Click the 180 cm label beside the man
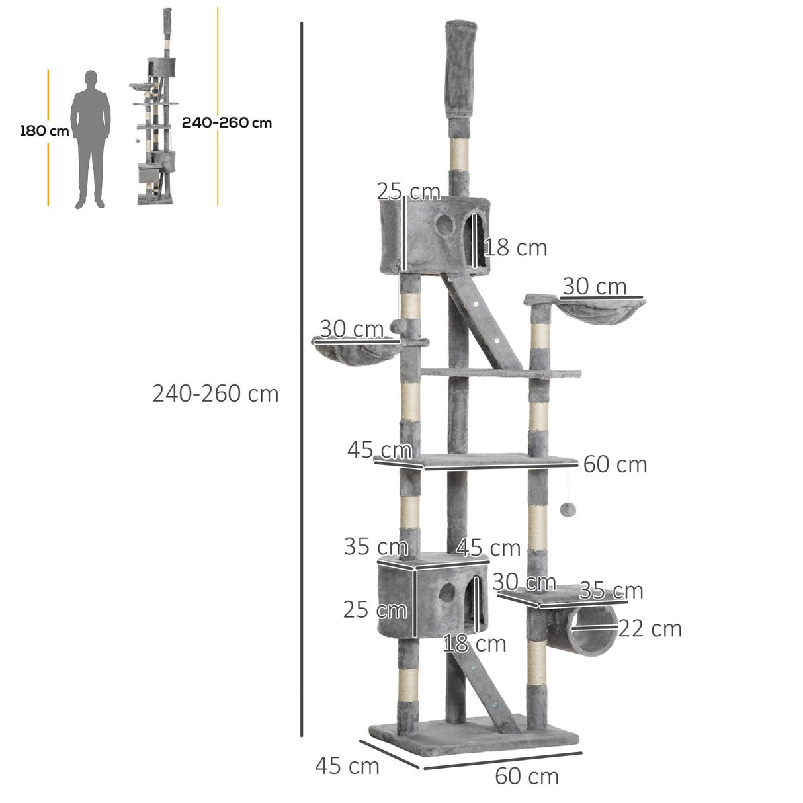click(44, 130)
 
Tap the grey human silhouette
click(91, 139)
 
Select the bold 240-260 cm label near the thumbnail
click(226, 122)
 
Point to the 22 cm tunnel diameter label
click(650, 628)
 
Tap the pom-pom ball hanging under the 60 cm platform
click(568, 509)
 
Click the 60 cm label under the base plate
click(527, 776)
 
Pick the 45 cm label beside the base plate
click(347, 766)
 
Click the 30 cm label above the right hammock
click(594, 286)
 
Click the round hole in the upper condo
click(445, 226)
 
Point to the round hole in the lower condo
click(447, 593)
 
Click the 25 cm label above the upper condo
click(408, 191)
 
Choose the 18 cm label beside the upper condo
click(516, 248)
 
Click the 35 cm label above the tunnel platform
click(611, 590)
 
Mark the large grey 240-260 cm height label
click(216, 394)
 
